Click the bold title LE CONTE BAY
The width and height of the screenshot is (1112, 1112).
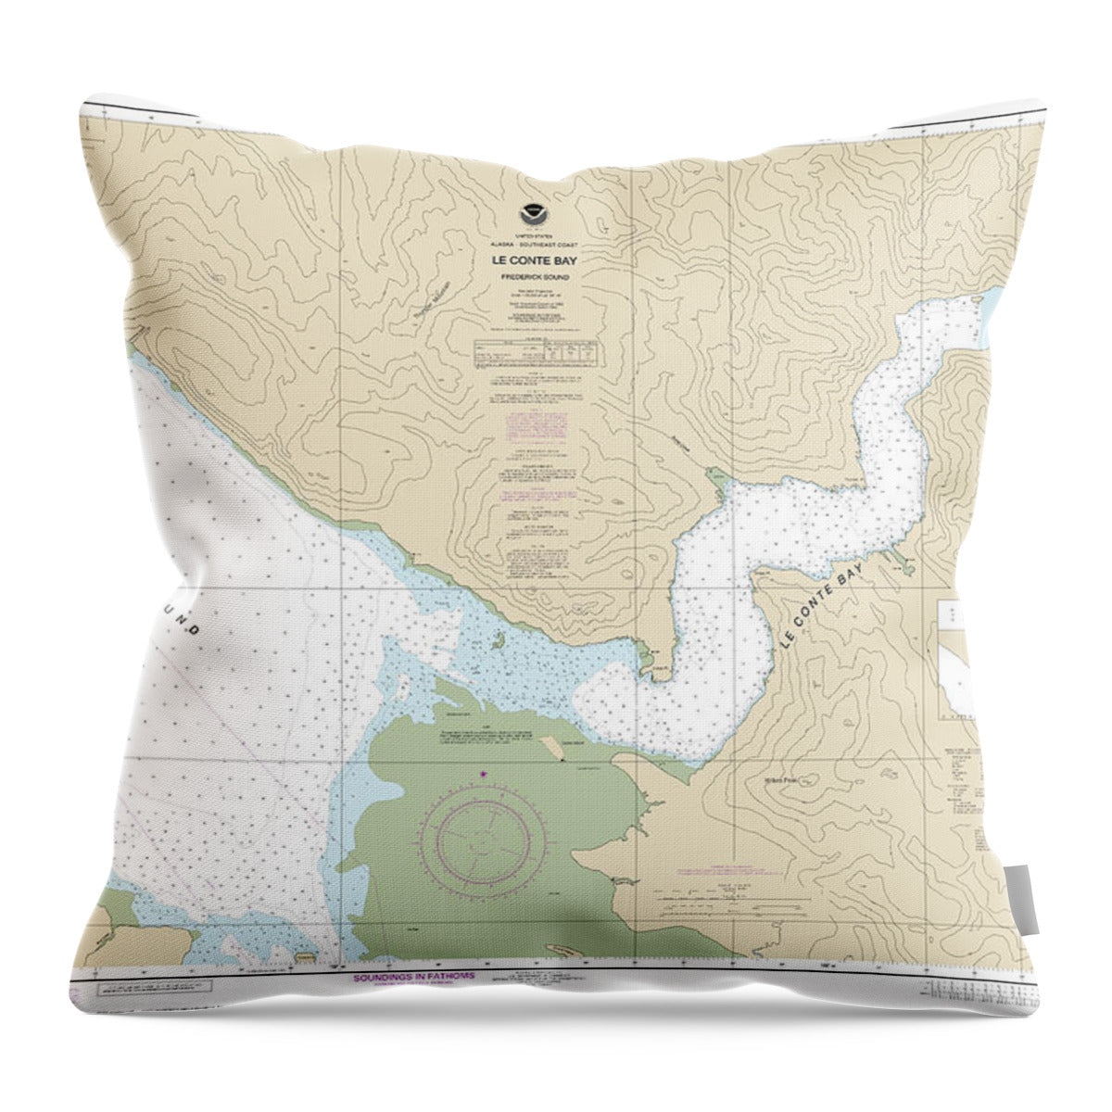click(x=535, y=260)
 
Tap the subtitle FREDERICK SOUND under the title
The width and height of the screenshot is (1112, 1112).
click(x=535, y=277)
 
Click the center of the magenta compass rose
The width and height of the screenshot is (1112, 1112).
click(x=484, y=838)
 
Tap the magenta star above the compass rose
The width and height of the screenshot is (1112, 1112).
click(x=482, y=774)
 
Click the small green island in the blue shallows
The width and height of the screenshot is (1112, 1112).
click(x=498, y=639)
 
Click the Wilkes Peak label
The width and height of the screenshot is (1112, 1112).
click(x=786, y=780)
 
